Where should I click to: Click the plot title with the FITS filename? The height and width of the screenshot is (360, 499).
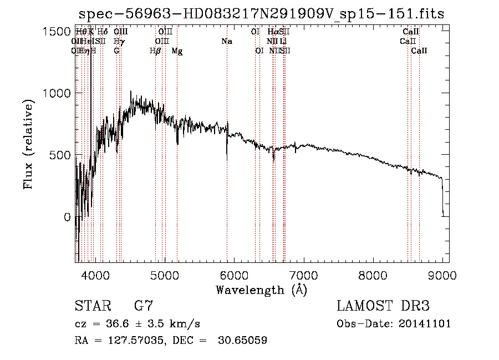261,13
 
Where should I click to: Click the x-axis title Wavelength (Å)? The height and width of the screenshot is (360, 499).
261,289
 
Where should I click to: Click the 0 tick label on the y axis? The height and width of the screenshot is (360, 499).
67,217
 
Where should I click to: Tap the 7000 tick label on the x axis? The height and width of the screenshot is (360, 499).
303,273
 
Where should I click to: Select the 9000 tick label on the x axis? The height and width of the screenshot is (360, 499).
442,273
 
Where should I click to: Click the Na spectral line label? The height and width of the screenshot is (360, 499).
226,41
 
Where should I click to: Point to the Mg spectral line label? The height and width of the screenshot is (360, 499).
177,51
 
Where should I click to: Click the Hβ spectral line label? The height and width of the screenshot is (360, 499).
155,51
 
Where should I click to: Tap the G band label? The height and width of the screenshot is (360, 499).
116,51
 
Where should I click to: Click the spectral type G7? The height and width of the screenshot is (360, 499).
144,306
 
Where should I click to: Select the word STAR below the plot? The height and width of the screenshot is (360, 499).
91,306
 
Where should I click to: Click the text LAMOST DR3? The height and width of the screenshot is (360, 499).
383,306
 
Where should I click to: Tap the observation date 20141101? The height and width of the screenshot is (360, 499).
425,323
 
